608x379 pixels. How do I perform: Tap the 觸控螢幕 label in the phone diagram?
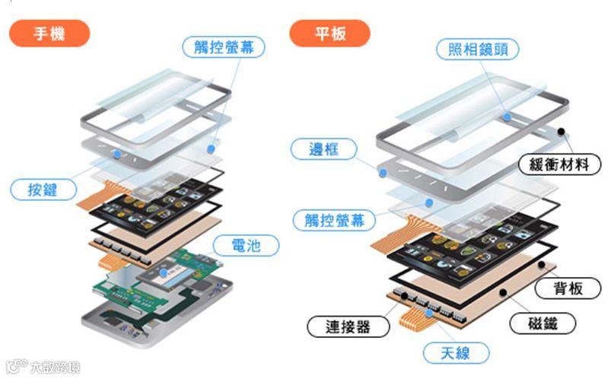(x=224, y=47)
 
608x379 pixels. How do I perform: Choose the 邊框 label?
(x=323, y=149)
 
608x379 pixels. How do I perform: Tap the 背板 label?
(x=570, y=288)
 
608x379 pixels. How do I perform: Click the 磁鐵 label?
(x=541, y=323)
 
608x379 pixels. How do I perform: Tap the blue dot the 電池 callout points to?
(x=165, y=272)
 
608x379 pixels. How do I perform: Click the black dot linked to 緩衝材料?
(x=562, y=131)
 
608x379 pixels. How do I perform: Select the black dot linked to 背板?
(x=541, y=264)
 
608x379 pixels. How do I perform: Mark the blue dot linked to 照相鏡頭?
(x=507, y=117)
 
